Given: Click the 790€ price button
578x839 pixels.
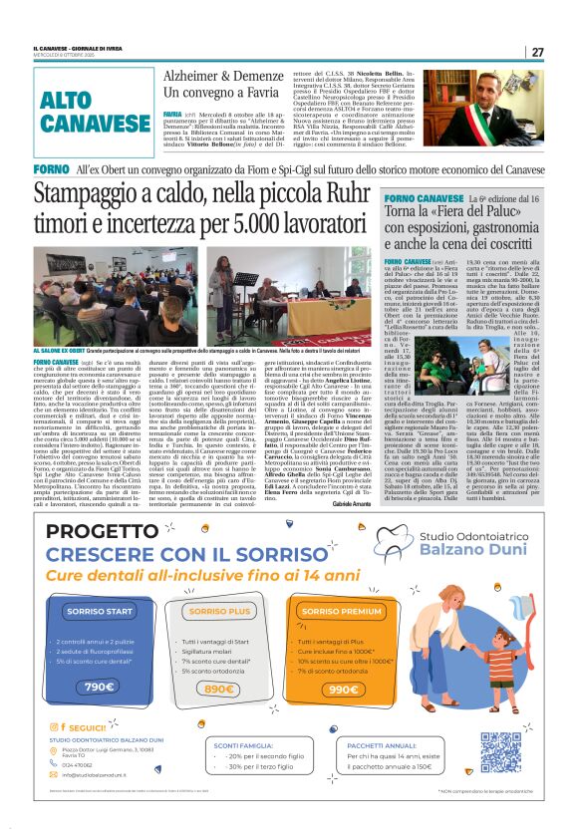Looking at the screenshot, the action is pos(100,687).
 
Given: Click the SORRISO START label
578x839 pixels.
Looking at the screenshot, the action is pos(99,610).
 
